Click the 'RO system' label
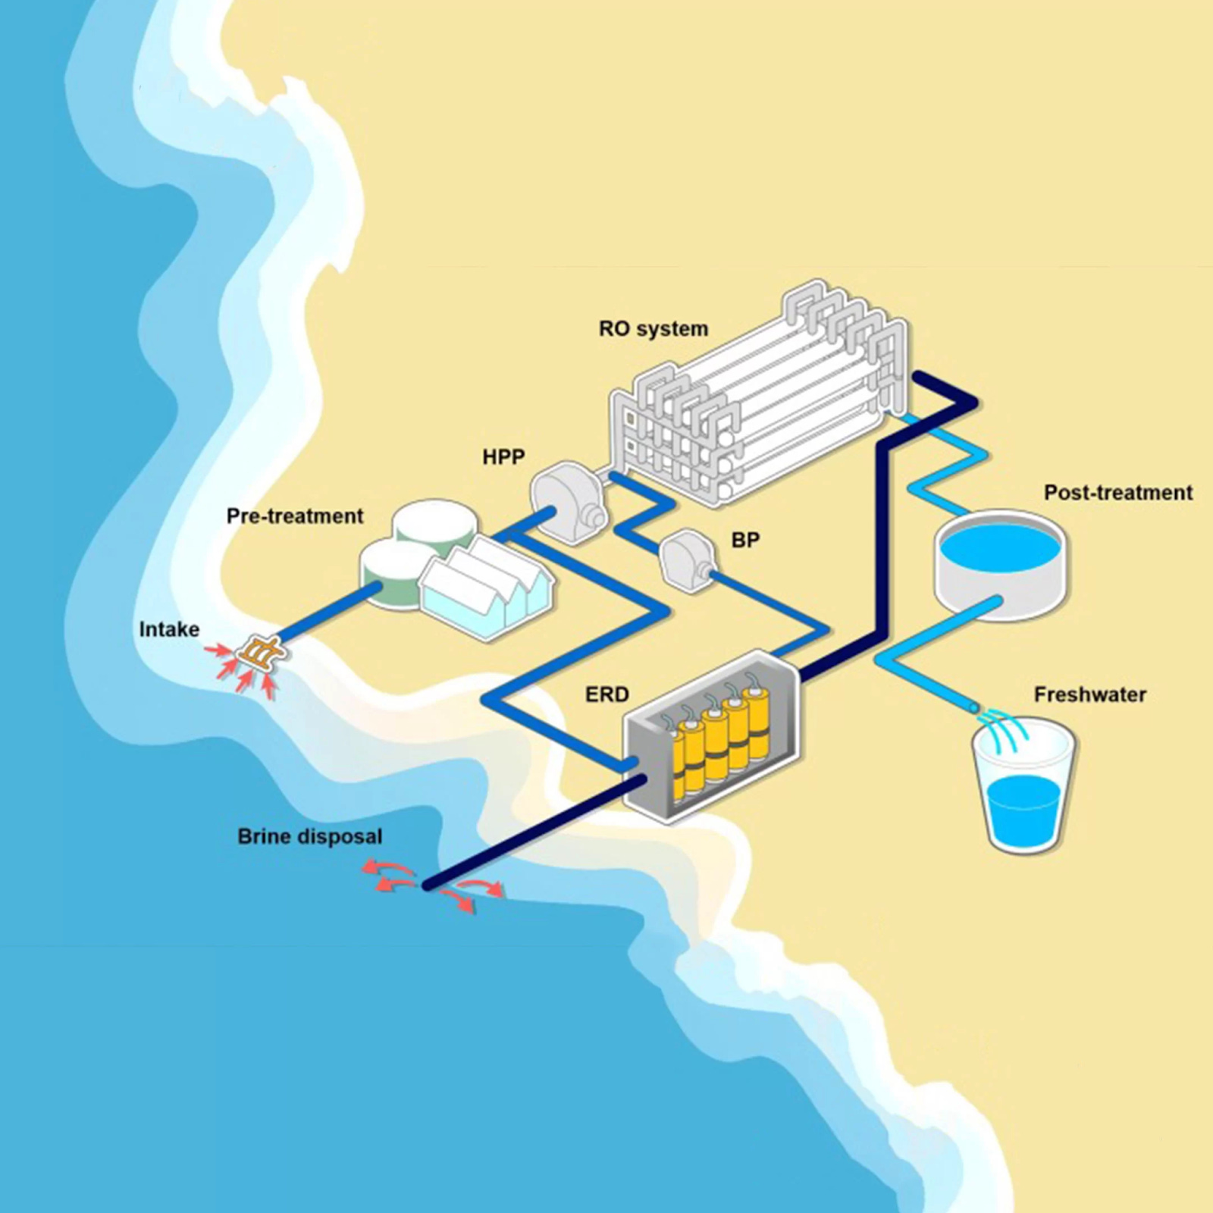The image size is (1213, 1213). pos(653,329)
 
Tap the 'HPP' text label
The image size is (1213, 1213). pos(503,457)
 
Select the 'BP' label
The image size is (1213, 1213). pos(745,540)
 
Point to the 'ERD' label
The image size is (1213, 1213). pos(607,694)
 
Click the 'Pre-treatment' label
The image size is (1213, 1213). pos(295,516)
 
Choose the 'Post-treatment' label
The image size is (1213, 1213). pos(1117,493)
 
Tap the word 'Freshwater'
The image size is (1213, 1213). pos(1089,694)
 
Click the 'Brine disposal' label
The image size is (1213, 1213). pos(309,837)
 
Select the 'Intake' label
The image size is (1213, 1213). pos(169,629)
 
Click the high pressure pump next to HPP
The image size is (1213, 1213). pos(566,500)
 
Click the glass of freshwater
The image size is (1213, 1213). pos(1023,792)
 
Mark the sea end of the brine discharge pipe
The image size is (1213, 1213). pos(429,885)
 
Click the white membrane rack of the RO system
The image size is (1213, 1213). pos(758,394)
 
